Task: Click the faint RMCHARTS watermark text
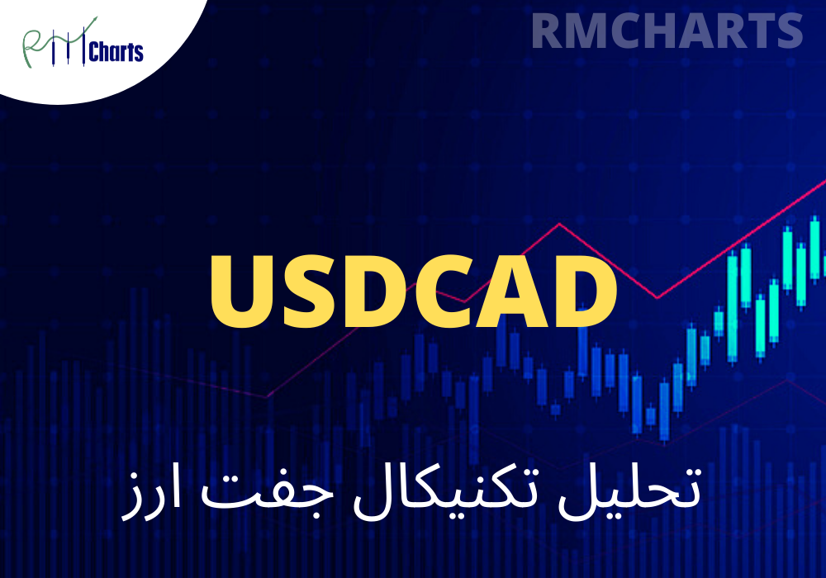(x=667, y=31)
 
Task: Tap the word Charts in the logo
(x=115, y=54)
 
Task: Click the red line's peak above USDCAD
(x=560, y=224)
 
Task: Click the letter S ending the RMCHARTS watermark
(x=788, y=31)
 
